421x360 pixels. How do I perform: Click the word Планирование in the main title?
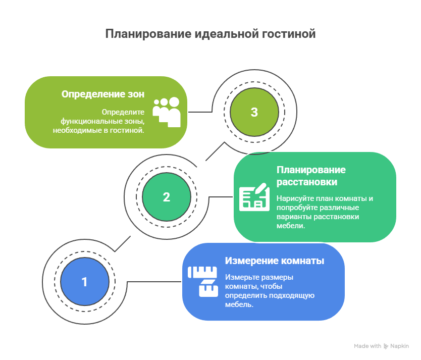(148, 34)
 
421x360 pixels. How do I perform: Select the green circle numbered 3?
(254, 112)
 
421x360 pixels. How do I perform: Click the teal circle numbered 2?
(167, 197)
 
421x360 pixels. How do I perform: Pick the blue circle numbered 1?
(85, 282)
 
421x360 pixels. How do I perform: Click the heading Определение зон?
(103, 94)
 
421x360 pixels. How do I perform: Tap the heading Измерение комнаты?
(275, 261)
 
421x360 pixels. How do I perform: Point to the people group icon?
(167, 112)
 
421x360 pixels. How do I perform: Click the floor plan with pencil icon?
(254, 197)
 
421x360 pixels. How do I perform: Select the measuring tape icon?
(203, 282)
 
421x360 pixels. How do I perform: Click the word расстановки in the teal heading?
(307, 182)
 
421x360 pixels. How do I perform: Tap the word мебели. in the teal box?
(291, 226)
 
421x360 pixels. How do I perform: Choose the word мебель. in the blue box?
(239, 304)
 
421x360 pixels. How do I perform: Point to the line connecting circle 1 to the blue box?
(153, 282)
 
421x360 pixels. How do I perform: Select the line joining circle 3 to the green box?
(200, 112)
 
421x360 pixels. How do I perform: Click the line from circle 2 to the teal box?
(221, 197)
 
